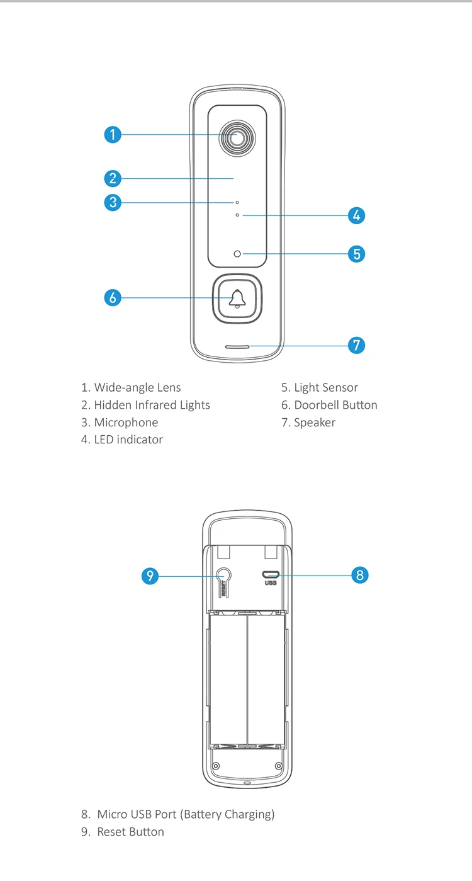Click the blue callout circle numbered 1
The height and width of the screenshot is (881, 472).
click(112, 134)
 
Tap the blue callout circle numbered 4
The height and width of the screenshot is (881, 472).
click(356, 215)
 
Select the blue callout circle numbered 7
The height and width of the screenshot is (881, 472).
click(356, 345)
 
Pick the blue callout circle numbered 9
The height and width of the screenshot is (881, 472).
click(150, 576)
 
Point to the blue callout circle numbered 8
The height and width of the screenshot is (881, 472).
click(359, 575)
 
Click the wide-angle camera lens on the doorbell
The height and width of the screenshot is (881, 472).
click(237, 138)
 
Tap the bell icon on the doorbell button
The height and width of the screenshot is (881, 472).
click(237, 298)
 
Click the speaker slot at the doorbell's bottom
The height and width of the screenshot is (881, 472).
click(237, 346)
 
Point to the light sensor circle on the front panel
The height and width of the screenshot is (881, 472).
click(237, 254)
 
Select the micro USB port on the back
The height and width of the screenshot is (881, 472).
click(271, 574)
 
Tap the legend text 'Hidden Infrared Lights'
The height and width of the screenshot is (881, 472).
click(152, 405)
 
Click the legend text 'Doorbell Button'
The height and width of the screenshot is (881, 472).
click(335, 405)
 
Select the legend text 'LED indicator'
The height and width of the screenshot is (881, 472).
click(128, 440)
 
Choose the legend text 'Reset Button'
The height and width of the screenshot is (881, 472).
click(130, 832)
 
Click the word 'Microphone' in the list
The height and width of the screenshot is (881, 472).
click(126, 423)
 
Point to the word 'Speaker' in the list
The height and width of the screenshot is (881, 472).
click(315, 423)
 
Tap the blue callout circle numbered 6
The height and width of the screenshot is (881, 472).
click(112, 297)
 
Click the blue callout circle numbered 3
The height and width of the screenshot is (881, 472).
click(112, 202)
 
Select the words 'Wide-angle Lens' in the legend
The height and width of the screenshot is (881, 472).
click(137, 387)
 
